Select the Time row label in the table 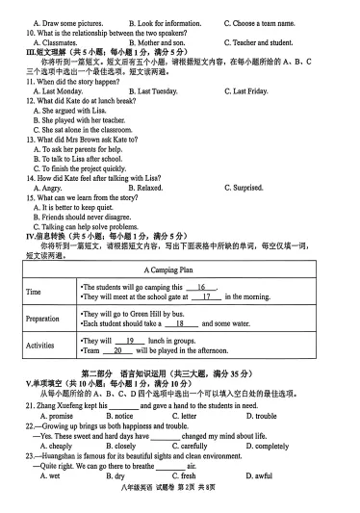(x=34, y=292)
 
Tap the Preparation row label (x=42, y=318)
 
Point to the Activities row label (x=40, y=345)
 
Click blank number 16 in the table (x=201, y=287)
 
